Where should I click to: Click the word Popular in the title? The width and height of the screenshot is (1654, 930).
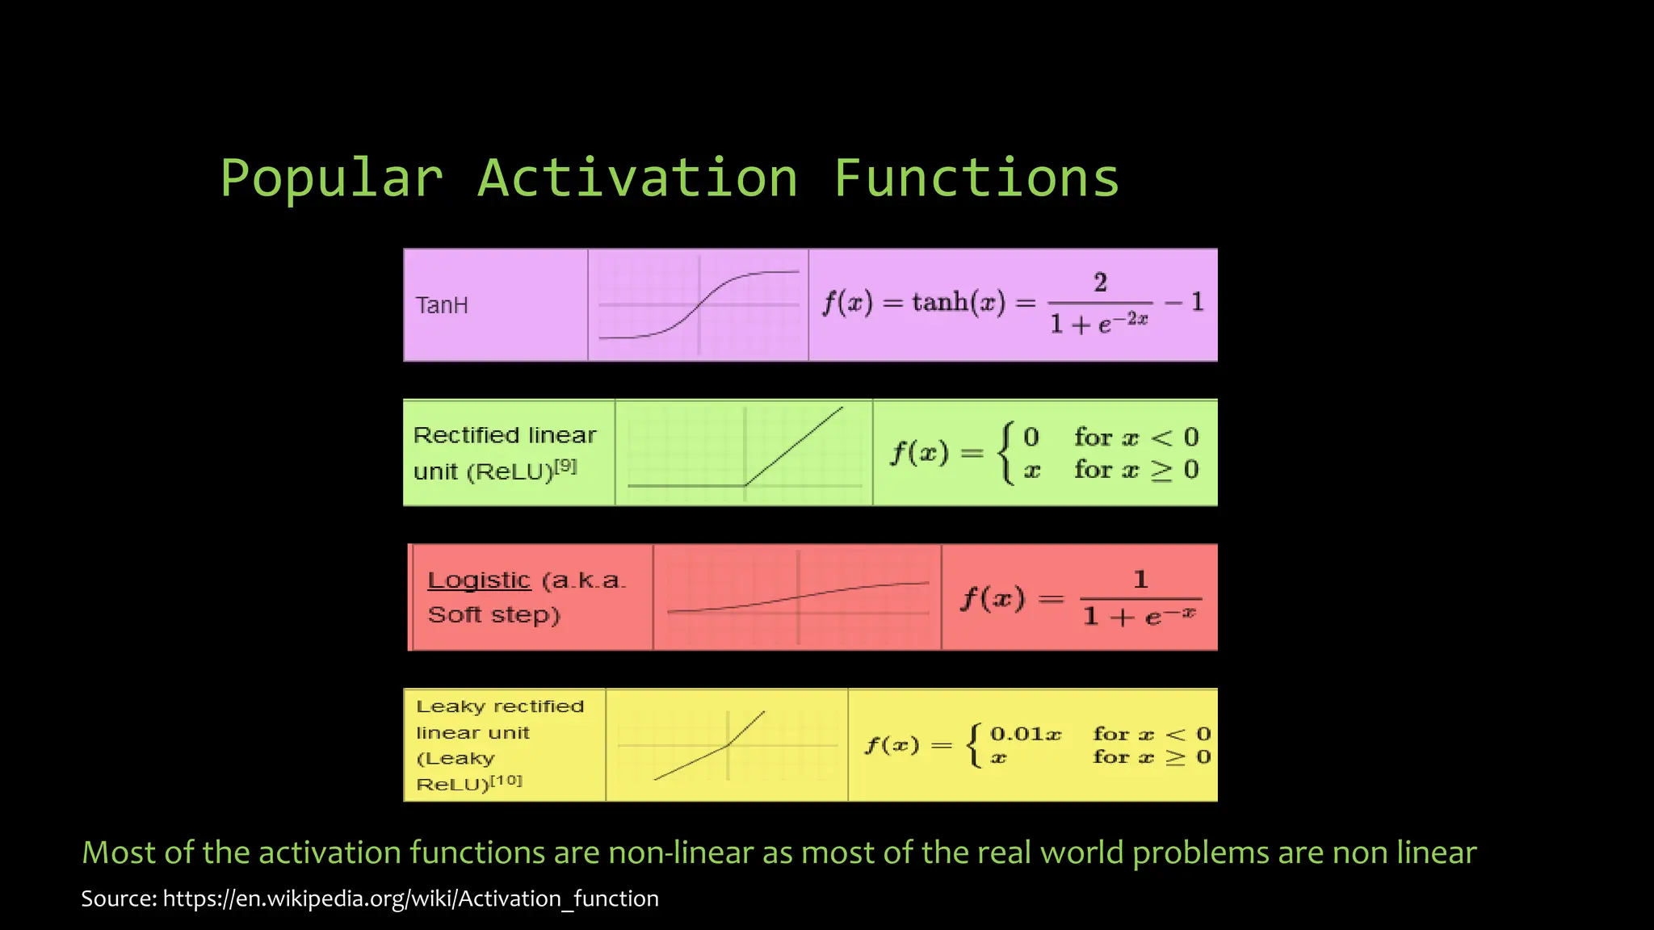(331, 178)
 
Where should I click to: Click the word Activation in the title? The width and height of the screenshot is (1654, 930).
(637, 178)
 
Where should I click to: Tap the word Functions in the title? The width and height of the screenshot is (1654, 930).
(976, 178)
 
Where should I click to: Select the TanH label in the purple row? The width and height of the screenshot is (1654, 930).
(442, 305)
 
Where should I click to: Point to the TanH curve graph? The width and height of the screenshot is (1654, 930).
(699, 305)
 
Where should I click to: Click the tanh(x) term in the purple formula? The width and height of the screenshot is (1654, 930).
(959, 303)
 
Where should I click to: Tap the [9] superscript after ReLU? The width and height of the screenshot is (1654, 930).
(565, 466)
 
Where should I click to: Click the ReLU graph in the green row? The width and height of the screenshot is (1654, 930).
(744, 453)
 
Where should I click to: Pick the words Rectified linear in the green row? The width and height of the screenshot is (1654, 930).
(505, 435)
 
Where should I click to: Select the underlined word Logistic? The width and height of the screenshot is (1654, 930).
(479, 580)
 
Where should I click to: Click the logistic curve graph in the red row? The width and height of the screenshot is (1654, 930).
(797, 597)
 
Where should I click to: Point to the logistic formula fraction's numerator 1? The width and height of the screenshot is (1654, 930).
(1140, 579)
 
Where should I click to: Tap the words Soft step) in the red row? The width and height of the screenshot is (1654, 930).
(493, 615)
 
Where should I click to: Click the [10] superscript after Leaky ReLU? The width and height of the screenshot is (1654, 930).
(507, 781)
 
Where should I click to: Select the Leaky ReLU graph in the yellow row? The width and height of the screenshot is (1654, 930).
(727, 745)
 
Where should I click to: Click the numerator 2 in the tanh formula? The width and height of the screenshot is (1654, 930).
(1100, 283)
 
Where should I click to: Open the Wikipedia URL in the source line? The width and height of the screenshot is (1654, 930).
(411, 899)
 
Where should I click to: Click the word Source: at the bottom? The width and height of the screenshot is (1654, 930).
(119, 899)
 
